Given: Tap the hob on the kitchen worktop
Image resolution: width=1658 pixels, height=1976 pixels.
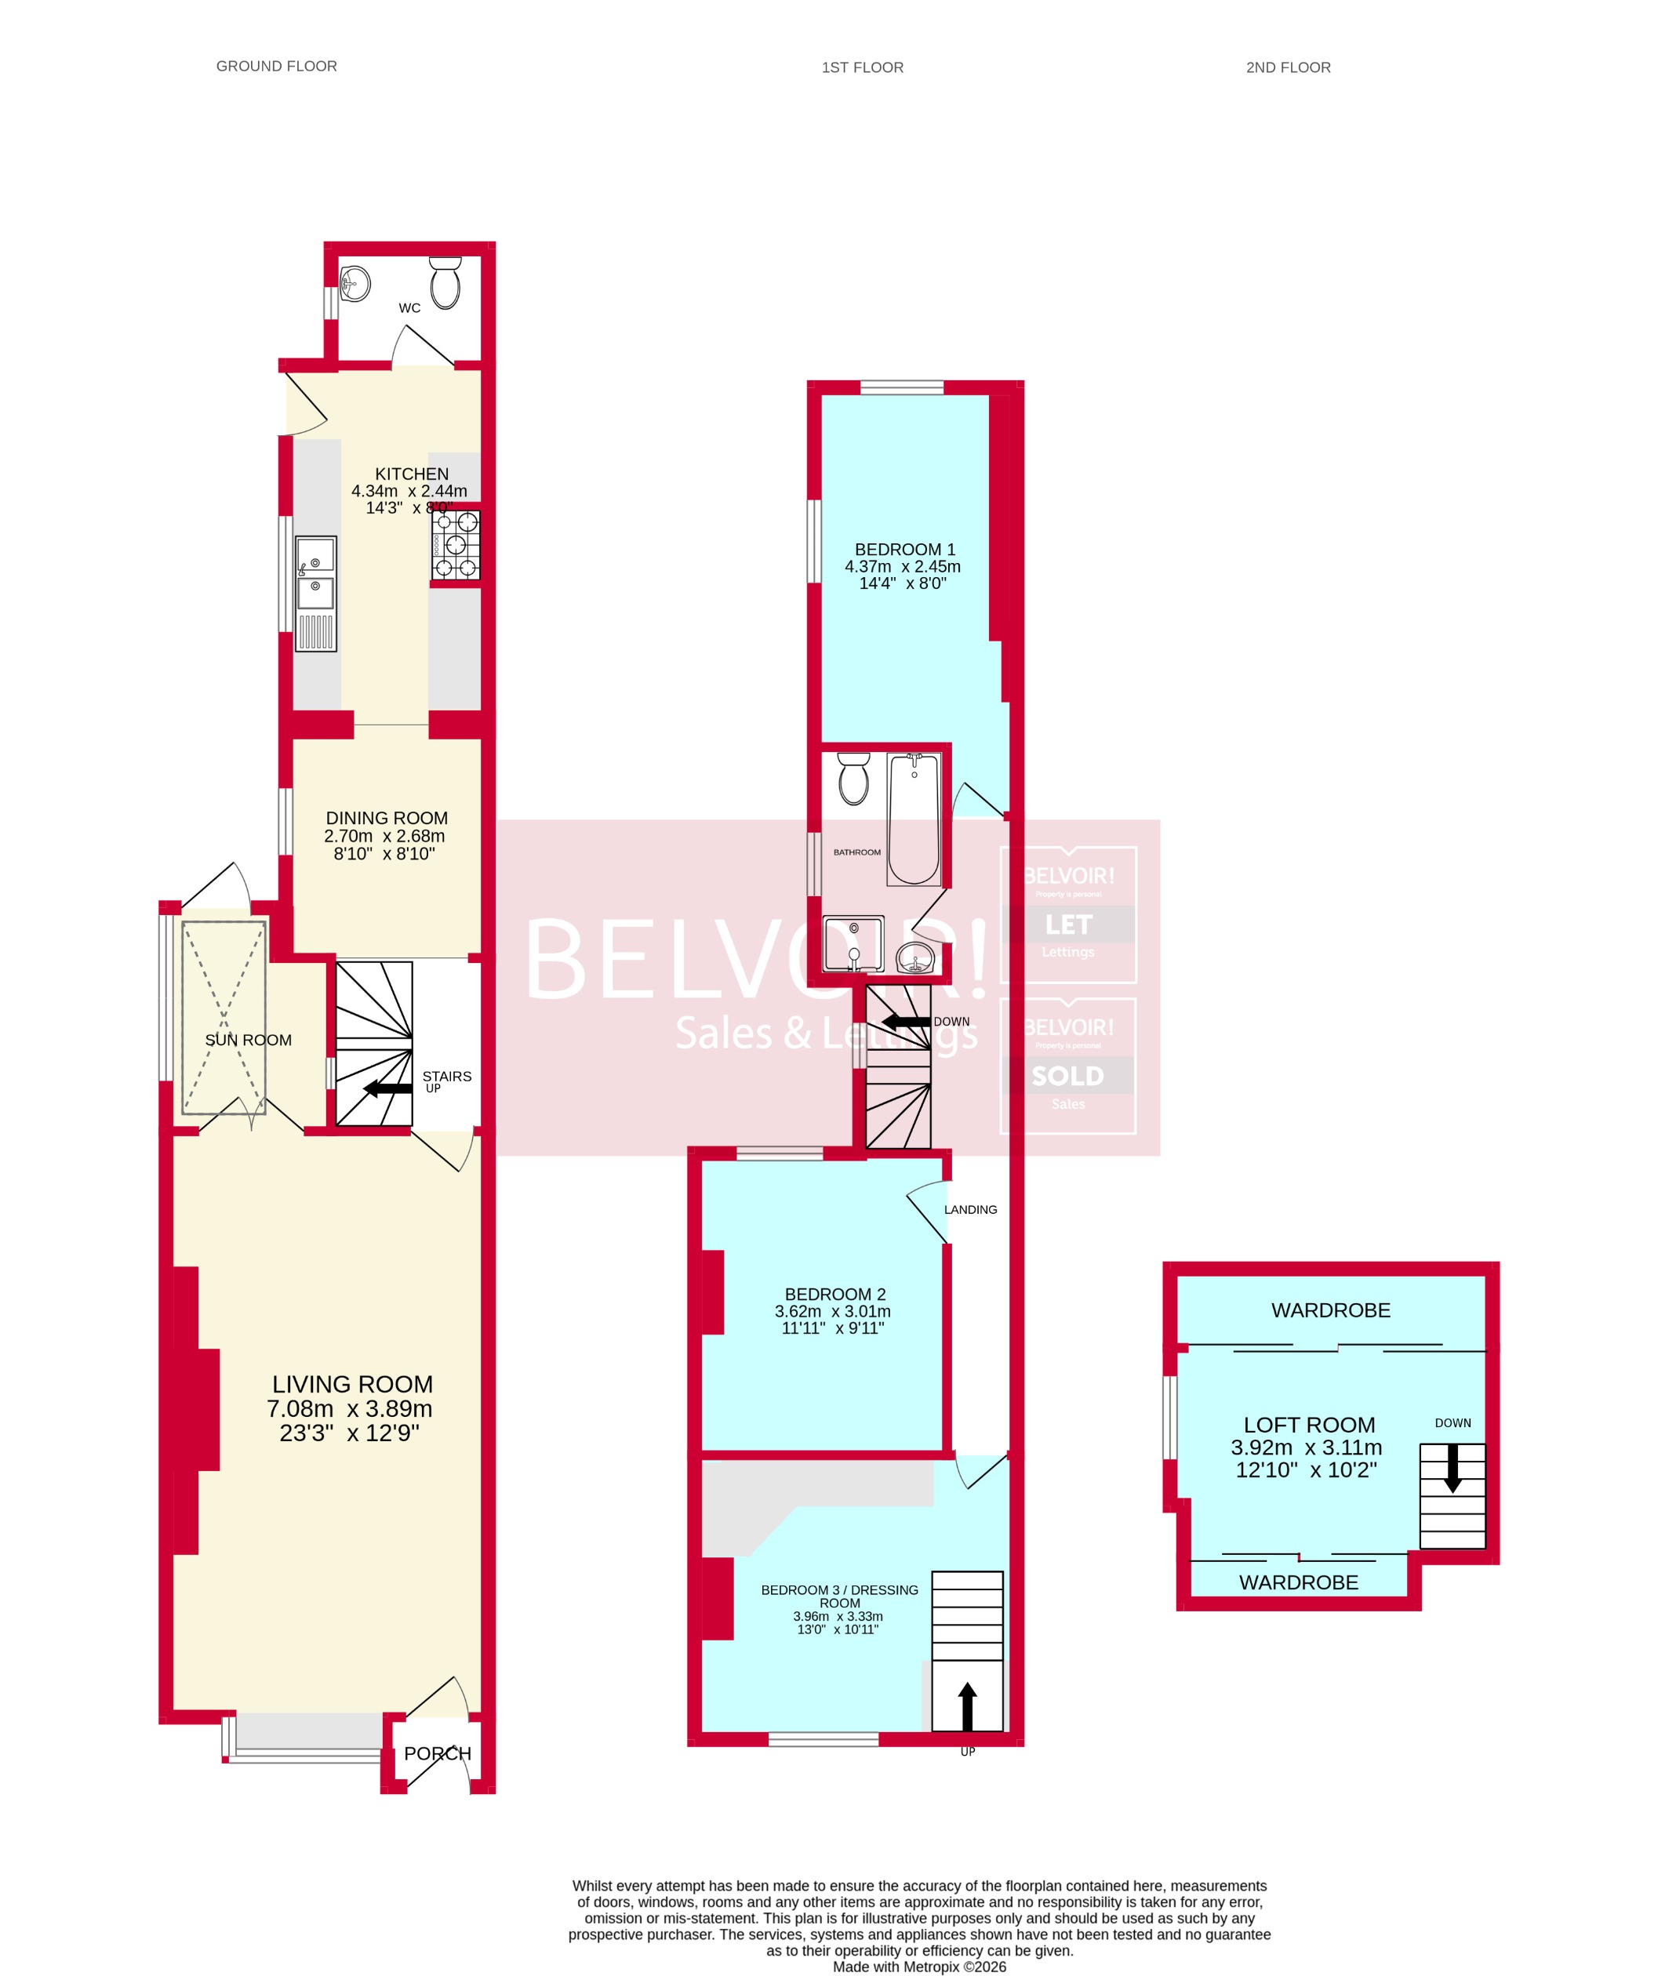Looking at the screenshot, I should coord(456,545).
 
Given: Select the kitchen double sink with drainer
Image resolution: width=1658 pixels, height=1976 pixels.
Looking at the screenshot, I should coord(316,593).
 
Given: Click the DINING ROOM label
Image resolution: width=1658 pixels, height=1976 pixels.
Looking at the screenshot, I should coord(387,819).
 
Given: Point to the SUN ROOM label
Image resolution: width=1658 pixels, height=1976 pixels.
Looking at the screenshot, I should coord(249,1040).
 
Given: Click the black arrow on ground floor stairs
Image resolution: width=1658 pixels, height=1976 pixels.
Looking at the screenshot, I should coord(387,1088).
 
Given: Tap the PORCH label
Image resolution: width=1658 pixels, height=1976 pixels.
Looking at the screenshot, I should coord(438,1754).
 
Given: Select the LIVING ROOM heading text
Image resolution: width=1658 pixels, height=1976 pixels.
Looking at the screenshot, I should coord(353,1384).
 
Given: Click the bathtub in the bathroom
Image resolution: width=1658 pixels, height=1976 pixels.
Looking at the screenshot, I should coord(914,819).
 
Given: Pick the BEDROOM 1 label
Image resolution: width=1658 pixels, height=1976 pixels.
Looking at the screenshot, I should coord(904,550).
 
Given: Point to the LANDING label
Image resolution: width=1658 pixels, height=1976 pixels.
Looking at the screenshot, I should coord(970,1210).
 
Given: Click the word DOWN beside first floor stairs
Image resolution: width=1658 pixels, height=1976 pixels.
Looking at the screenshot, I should coord(951,1022).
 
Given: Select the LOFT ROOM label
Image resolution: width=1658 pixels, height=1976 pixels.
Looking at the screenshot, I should coord(1309,1426).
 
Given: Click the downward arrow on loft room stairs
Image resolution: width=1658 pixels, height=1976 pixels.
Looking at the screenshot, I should coord(1453,1468).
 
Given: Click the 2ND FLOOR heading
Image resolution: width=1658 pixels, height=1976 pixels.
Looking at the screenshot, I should coord(1288,67).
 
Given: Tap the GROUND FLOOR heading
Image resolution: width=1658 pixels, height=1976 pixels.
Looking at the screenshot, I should coord(277,66).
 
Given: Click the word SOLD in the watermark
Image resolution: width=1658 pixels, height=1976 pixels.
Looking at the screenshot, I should coord(1068,1077).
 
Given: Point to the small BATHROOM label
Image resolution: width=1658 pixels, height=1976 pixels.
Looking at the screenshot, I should coord(857,852).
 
